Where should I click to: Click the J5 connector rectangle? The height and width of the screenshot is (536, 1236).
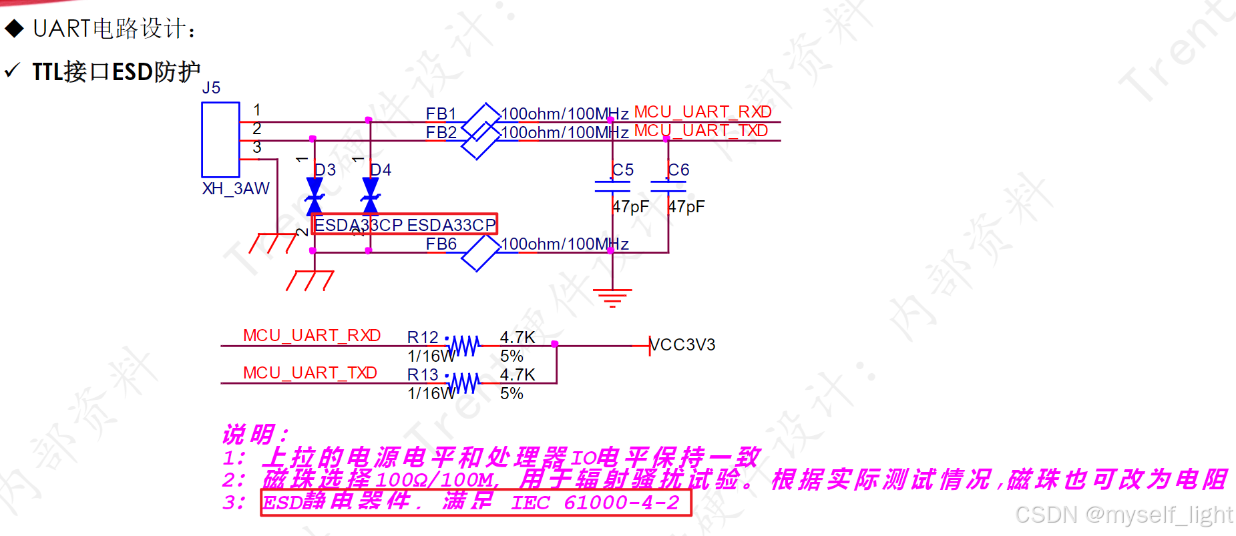tap(220, 139)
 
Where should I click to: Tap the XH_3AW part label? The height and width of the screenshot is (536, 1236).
tap(236, 189)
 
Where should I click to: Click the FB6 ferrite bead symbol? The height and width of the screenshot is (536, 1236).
tap(480, 253)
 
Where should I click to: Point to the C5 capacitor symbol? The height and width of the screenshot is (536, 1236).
tap(612, 186)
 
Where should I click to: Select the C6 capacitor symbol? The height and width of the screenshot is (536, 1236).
tap(668, 186)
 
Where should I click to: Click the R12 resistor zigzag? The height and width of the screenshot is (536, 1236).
tap(464, 346)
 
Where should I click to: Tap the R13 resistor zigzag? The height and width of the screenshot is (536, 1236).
tap(464, 383)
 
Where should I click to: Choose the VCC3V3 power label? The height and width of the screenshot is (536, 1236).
tap(682, 345)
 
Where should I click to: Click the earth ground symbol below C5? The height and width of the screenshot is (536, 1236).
tap(612, 296)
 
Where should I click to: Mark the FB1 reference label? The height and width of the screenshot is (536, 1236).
tap(441, 113)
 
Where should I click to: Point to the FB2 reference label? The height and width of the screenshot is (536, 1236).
tap(441, 132)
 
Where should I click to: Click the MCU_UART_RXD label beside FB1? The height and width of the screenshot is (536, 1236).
tap(702, 111)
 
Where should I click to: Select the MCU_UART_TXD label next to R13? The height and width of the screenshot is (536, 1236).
tap(310, 372)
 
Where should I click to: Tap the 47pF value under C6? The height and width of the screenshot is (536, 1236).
tap(686, 207)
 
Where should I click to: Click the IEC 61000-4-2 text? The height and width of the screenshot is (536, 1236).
tap(595, 503)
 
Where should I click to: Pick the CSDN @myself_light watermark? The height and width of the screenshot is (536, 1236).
tap(1123, 515)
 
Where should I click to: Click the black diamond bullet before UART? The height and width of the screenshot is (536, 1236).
tap(14, 28)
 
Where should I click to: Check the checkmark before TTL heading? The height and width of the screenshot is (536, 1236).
tap(11, 70)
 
